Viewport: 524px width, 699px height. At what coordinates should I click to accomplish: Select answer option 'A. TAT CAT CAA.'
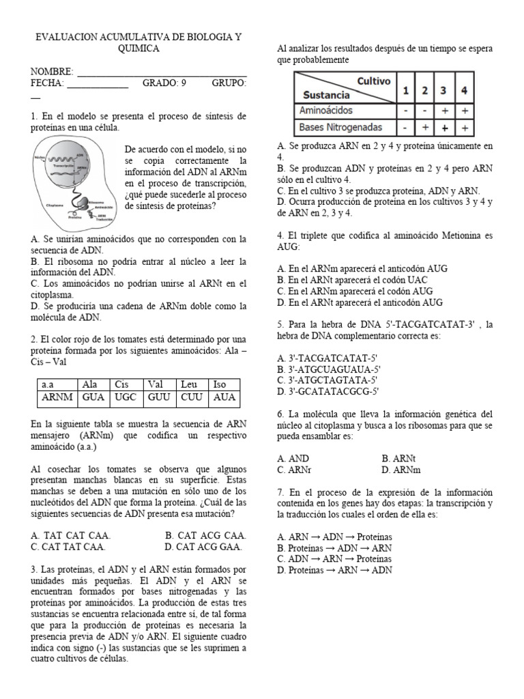click(x=71, y=535)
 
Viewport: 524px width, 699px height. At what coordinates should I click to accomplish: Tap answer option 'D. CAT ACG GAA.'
click(x=205, y=547)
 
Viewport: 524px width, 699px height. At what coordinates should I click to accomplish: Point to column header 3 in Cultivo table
click(x=443, y=89)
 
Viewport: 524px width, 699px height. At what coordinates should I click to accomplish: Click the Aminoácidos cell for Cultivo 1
click(x=405, y=110)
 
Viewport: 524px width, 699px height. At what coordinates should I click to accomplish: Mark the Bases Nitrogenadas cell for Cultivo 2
click(x=424, y=127)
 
